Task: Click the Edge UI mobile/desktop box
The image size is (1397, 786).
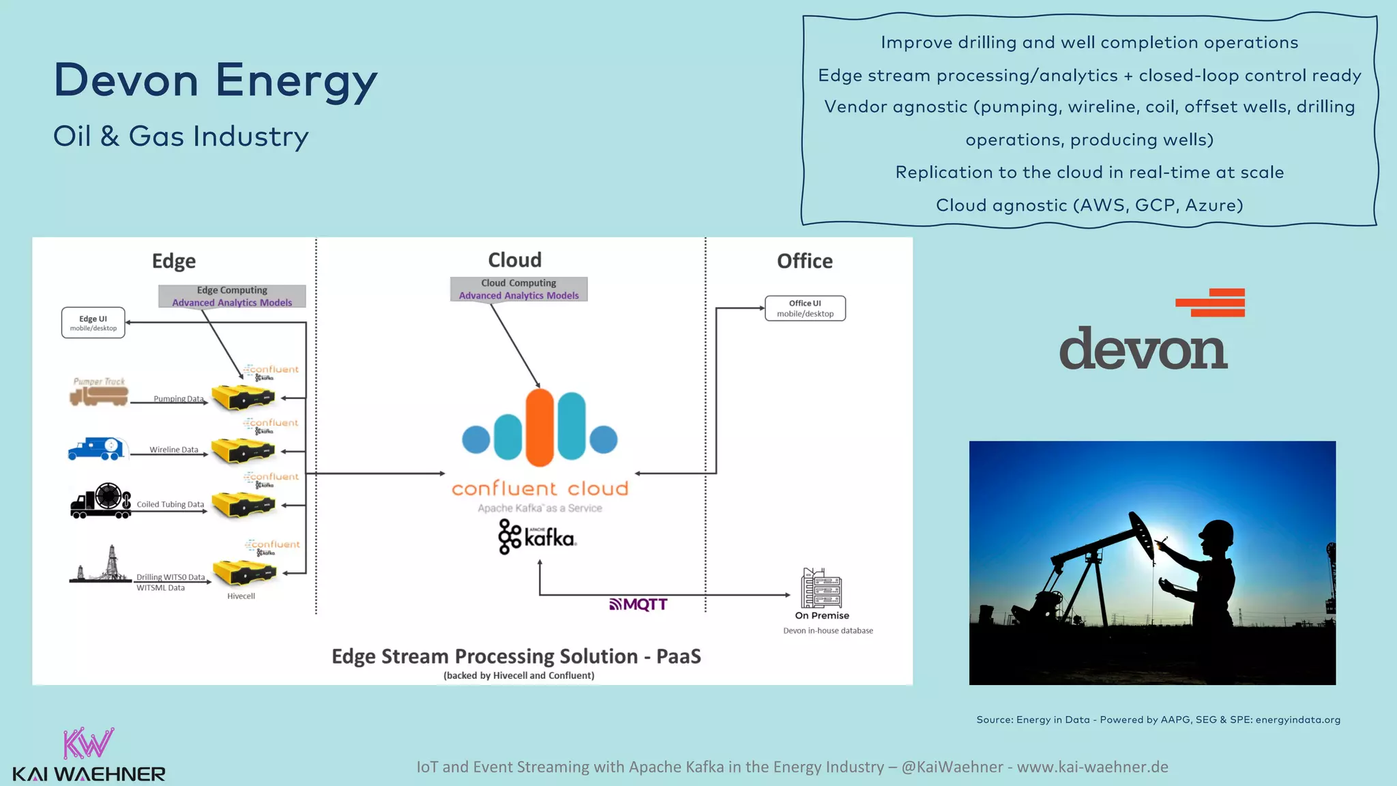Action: pyautogui.click(x=93, y=323)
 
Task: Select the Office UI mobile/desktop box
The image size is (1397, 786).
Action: pyautogui.click(x=805, y=308)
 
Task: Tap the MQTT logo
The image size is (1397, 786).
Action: pyautogui.click(x=638, y=605)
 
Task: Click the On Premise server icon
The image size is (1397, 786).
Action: pyautogui.click(x=821, y=588)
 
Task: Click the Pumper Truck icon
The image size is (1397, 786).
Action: pyautogui.click(x=100, y=394)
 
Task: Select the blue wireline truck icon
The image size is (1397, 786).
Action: pyautogui.click(x=96, y=448)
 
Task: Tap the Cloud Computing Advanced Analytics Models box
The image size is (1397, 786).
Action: pyautogui.click(x=518, y=289)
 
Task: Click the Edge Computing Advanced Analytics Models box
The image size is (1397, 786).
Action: pyautogui.click(x=232, y=296)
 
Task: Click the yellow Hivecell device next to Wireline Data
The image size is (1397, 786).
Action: pyautogui.click(x=242, y=451)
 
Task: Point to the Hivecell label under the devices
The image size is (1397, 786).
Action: pyautogui.click(x=241, y=596)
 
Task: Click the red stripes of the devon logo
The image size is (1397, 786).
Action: pyautogui.click(x=1211, y=303)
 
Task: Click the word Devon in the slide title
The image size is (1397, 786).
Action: pyautogui.click(x=126, y=81)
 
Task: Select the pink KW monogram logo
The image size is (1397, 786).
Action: pyautogui.click(x=88, y=744)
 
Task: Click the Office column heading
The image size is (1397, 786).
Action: pyautogui.click(x=804, y=261)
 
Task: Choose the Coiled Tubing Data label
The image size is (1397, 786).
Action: pyautogui.click(x=170, y=505)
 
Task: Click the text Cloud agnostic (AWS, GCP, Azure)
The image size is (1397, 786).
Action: pyautogui.click(x=1089, y=205)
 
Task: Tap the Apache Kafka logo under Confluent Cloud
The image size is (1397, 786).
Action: pyautogui.click(x=538, y=538)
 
